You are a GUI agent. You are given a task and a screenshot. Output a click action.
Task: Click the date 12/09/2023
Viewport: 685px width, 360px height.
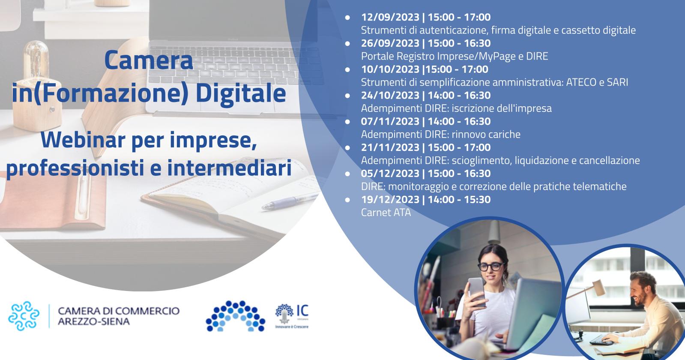(390, 17)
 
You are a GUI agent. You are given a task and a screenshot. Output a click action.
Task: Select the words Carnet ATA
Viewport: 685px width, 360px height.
(386, 213)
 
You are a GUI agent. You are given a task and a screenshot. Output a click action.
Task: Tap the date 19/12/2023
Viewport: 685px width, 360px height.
(390, 199)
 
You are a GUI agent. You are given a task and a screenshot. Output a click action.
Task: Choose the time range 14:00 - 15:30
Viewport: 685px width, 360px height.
(459, 199)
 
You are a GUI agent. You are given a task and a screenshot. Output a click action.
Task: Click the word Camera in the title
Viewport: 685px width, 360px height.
(149, 60)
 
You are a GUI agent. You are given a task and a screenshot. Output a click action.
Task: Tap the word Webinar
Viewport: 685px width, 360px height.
(83, 140)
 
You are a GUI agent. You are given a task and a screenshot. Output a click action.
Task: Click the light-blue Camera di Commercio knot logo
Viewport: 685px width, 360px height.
(24, 316)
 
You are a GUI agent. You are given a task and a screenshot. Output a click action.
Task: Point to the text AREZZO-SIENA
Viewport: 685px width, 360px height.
(93, 321)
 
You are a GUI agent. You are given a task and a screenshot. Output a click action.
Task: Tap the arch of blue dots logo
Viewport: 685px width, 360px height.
(236, 316)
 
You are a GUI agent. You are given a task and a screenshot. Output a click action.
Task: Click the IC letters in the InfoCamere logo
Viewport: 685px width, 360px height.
(302, 310)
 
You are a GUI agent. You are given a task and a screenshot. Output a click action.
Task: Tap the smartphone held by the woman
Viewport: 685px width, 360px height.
(477, 291)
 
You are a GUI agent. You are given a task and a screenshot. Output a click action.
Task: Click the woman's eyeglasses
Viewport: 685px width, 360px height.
(491, 267)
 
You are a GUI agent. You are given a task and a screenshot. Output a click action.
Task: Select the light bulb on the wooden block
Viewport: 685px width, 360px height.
(36, 60)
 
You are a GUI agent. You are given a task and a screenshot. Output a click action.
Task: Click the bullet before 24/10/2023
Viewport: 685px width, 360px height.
(347, 96)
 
